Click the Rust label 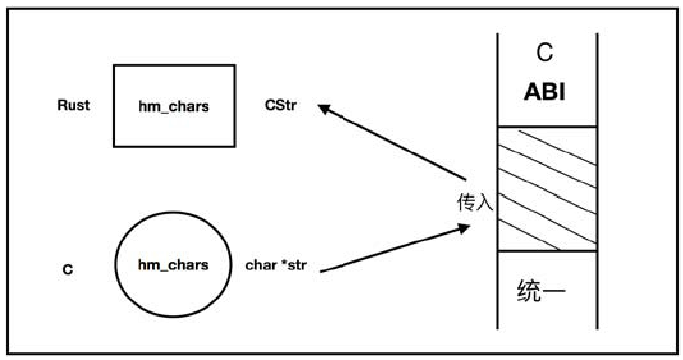click(74, 106)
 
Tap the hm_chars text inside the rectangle click(174, 106)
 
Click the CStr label click(280, 106)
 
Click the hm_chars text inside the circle click(173, 264)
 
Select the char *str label click(276, 265)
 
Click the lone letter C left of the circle click(68, 270)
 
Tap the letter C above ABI click(545, 53)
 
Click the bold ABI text click(545, 92)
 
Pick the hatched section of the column click(547, 189)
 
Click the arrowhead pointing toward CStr click(324, 109)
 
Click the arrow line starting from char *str click(390, 250)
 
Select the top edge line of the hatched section click(547, 127)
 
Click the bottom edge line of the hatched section click(547, 251)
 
